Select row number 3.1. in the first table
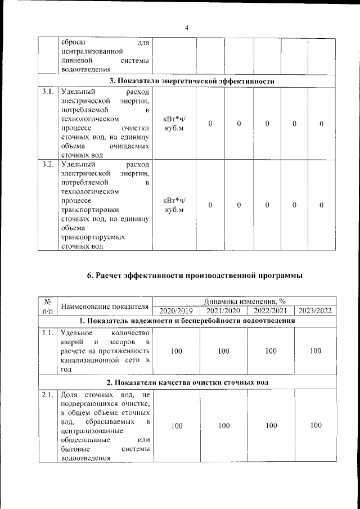pos(48,92)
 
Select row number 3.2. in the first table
pos(48,164)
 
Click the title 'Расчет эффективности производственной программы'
pos(195,276)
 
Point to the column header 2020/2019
pos(176,310)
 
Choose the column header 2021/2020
pos(223,310)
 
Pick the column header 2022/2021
pos(271,310)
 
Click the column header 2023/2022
pos(316,310)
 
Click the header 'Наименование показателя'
pos(105,306)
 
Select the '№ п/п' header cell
pos(48,305)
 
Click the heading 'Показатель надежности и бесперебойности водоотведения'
pos(187,321)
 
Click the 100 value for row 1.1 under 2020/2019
pos(177,351)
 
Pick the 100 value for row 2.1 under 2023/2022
pos(316,426)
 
